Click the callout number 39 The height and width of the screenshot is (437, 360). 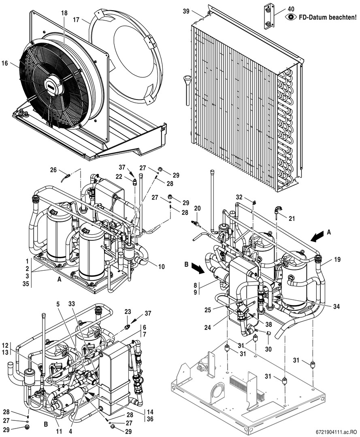coord(186,11)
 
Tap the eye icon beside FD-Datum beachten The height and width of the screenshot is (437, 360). coord(290,17)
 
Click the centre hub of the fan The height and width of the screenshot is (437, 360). coord(53,86)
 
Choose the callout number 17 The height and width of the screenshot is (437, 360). coord(76,19)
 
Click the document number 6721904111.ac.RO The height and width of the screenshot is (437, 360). coord(334,433)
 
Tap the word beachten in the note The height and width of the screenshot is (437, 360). coord(344,17)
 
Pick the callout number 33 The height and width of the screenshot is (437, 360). coord(72,302)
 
